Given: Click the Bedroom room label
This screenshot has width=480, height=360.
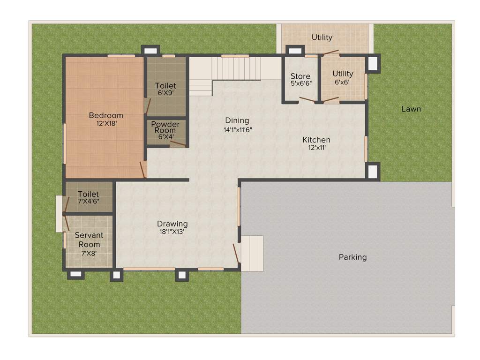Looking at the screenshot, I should pyautogui.click(x=106, y=115).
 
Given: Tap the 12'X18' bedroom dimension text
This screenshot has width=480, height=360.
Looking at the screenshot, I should pyautogui.click(x=106, y=124).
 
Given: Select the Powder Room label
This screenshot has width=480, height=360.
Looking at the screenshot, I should pyautogui.click(x=165, y=127).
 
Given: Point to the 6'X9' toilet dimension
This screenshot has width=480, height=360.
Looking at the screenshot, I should pyautogui.click(x=166, y=93).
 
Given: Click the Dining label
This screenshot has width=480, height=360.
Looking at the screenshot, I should pyautogui.click(x=237, y=120).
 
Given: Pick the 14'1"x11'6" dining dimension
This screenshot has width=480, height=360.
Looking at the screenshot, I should pyautogui.click(x=238, y=130).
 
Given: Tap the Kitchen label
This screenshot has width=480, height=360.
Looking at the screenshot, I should pyautogui.click(x=316, y=140).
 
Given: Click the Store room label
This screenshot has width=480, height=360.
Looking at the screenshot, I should pyautogui.click(x=300, y=76).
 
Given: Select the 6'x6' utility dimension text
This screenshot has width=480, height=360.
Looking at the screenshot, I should pyautogui.click(x=342, y=82).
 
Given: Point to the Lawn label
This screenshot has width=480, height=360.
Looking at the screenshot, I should pyautogui.click(x=411, y=109).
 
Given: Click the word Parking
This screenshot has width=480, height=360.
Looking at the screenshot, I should pyautogui.click(x=352, y=257).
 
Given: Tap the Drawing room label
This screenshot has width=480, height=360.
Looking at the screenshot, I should pyautogui.click(x=172, y=224).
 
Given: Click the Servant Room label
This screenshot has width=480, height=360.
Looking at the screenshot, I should pyautogui.click(x=89, y=240).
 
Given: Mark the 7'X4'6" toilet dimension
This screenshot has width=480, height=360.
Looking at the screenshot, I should pyautogui.click(x=89, y=202).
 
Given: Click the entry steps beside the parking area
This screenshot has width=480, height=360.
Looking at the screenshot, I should pyautogui.click(x=252, y=253).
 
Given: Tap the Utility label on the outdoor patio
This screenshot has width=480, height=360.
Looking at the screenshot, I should pyautogui.click(x=322, y=37).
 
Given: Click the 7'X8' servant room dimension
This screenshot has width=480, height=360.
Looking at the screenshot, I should pyautogui.click(x=89, y=254).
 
